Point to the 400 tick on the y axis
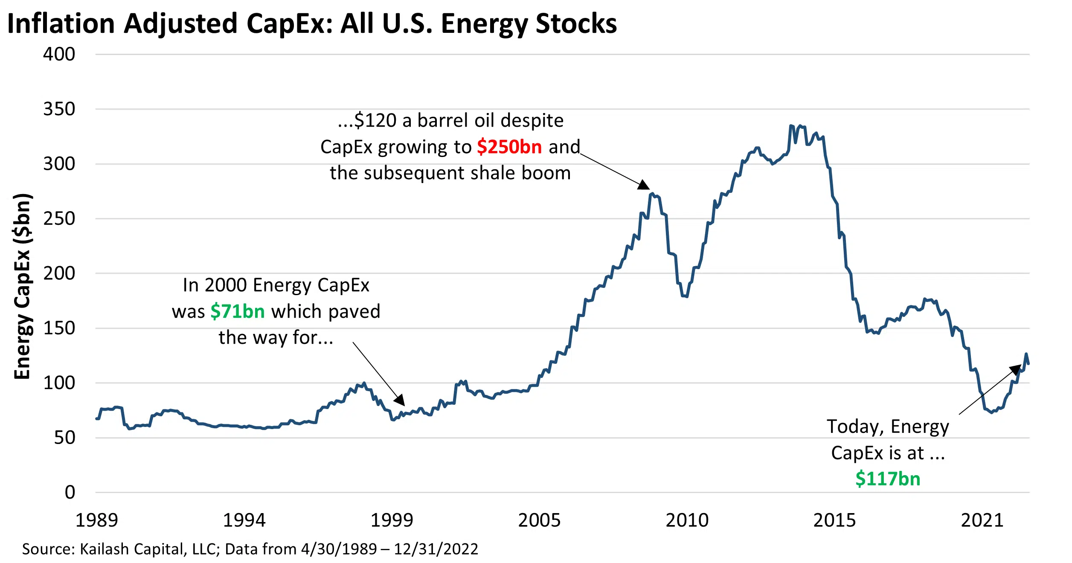pos(59,54)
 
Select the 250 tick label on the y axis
pos(59,218)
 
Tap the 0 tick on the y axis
pos(70,492)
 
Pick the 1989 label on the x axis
pos(96,520)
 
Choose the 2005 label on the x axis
pos(539,520)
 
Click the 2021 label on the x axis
pos(982,520)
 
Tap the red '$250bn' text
pos(509,147)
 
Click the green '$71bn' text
pos(238,311)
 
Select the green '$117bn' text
pos(888,479)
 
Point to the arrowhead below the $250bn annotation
pos(644,185)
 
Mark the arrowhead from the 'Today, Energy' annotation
pos(1016,369)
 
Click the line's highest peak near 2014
pos(791,126)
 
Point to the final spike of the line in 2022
pos(1026,354)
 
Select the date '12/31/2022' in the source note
pos(436,549)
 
